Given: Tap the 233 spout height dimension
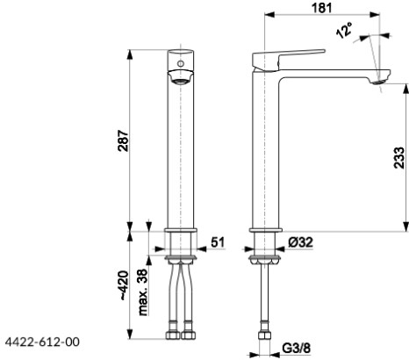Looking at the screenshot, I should [399, 158].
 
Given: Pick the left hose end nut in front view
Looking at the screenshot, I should [169, 335].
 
